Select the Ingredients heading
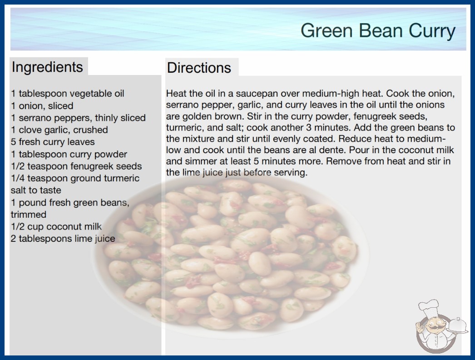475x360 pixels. [47, 67]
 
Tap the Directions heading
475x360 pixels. [199, 68]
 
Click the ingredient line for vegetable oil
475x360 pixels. [68, 94]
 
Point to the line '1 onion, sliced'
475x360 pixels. [42, 106]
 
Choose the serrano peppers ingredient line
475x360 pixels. [78, 118]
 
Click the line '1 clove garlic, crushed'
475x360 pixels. [59, 130]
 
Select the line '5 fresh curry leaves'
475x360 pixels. [53, 142]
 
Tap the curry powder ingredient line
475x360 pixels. [69, 154]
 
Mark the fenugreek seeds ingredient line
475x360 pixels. [76, 166]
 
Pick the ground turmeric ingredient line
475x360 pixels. [75, 178]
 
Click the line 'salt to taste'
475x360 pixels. [36, 190]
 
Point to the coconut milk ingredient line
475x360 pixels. [56, 226]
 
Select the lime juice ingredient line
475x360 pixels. [63, 239]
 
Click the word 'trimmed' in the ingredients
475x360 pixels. [29, 215]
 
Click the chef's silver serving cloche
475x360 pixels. [458, 325]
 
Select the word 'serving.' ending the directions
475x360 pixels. [291, 173]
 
